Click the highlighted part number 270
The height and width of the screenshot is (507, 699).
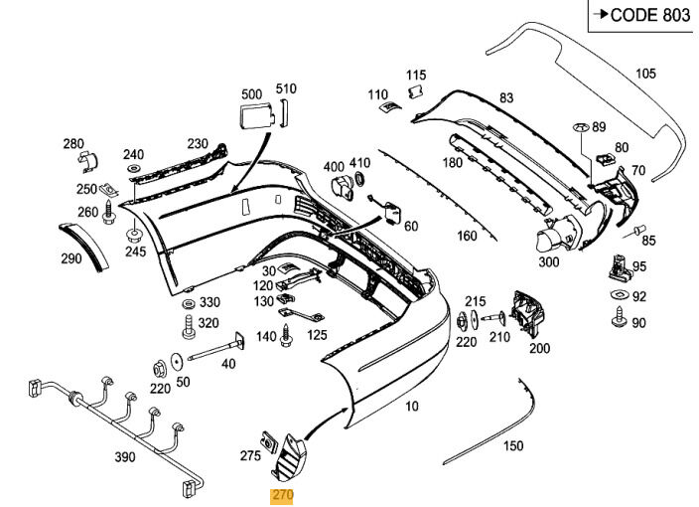(284, 494)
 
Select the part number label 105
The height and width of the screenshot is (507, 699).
(645, 74)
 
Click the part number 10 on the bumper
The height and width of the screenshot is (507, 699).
(412, 406)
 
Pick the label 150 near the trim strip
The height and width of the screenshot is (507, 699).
(512, 446)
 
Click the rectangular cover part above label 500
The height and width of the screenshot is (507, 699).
(253, 116)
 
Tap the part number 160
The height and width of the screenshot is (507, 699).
(467, 237)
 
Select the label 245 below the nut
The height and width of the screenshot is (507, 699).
(135, 252)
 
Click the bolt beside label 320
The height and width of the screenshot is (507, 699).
(187, 323)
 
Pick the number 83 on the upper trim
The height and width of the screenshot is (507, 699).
(506, 97)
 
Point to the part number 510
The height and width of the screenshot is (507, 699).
(286, 89)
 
